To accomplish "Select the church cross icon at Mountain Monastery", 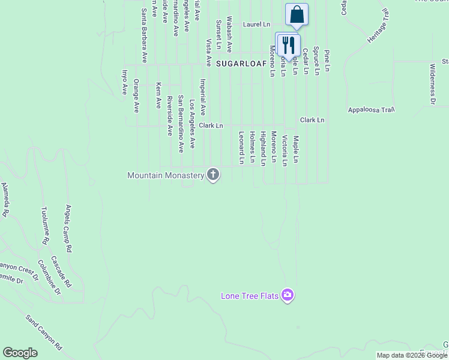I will click(212, 175).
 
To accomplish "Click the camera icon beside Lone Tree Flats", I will click(288, 295).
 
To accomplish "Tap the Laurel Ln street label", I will click(256, 25).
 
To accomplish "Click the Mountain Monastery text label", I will click(166, 175).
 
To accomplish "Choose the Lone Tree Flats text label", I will click(250, 296).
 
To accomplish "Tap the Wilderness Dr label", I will click(432, 84).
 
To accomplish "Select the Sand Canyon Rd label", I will click(43, 332).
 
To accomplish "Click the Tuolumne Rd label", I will click(44, 225).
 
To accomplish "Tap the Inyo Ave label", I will click(125, 82).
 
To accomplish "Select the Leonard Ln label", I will click(241, 148).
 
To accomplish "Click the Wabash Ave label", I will click(229, 35).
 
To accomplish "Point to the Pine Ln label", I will click(327, 61).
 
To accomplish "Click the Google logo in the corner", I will click(20, 353).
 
